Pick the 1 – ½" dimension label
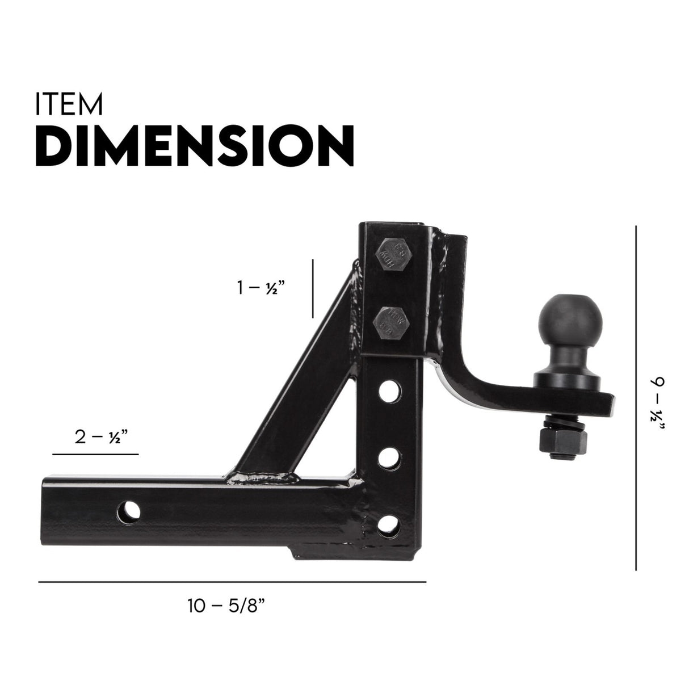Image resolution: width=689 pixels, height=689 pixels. coord(261,288)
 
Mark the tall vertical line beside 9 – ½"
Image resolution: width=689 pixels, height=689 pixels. coord(636,397)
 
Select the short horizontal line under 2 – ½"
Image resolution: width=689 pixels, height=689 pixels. coord(95,455)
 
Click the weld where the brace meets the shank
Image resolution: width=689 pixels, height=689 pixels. coord(261,478)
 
